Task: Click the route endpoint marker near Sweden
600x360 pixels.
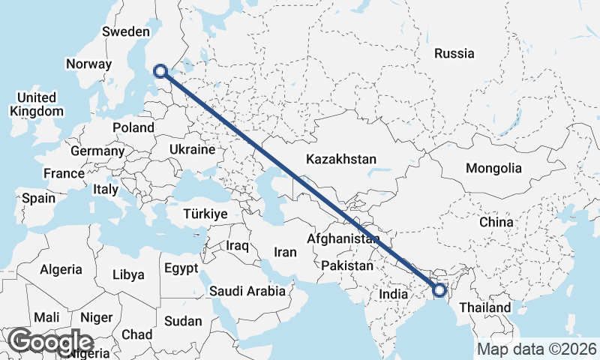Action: click(160, 71)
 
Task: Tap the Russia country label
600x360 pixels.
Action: click(454, 53)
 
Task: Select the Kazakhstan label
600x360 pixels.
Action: click(341, 159)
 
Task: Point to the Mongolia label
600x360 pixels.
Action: click(493, 168)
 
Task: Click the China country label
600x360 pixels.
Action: click(496, 222)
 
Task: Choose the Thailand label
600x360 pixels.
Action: click(484, 307)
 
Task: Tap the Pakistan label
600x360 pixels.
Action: click(346, 266)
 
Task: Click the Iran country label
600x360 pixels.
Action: click(285, 252)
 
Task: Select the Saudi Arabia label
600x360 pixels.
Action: click(247, 290)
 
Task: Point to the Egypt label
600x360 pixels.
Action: click(181, 268)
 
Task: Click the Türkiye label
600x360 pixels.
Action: click(205, 214)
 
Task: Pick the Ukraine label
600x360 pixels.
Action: click(193, 150)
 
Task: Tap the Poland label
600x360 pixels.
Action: click(133, 127)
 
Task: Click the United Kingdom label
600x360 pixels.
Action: click(37, 104)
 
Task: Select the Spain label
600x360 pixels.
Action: click(39, 198)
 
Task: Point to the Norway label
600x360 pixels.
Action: click(88, 64)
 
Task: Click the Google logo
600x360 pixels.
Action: click(52, 342)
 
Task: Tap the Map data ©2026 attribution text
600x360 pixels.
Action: click(536, 349)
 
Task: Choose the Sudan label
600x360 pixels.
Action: click(183, 321)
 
